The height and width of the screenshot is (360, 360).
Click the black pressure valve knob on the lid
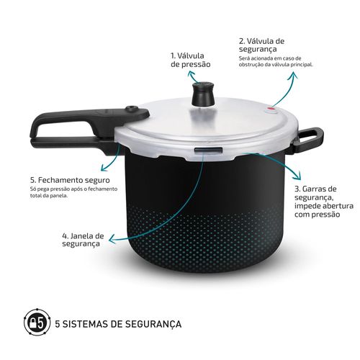(x=203, y=94)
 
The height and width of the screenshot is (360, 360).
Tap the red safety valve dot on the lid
(x=271, y=109)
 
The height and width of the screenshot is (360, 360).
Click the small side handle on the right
(x=310, y=140)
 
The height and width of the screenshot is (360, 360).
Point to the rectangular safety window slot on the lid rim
(x=208, y=150)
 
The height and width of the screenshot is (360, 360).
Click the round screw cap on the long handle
(x=132, y=109)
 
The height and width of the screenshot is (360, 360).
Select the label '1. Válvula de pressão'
(x=191, y=60)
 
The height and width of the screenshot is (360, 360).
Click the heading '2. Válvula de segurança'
(x=261, y=45)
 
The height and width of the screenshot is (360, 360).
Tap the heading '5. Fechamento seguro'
(x=70, y=180)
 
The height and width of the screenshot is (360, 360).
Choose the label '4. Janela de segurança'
(x=83, y=240)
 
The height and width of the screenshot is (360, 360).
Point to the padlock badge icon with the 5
(x=37, y=322)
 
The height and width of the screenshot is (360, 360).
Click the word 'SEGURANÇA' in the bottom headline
(x=153, y=324)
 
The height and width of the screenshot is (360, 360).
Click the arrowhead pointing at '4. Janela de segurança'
(x=112, y=239)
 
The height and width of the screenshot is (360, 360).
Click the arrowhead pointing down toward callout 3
(x=297, y=176)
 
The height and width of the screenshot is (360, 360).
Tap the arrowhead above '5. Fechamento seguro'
(x=104, y=168)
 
